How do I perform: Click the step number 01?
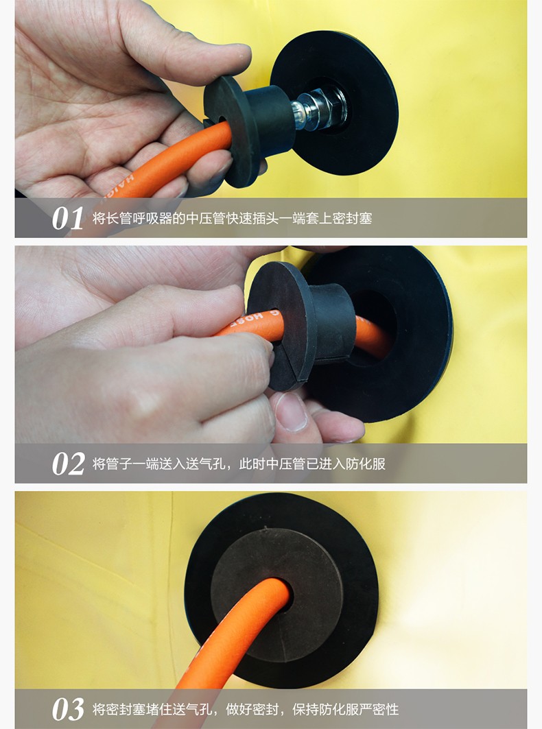(67, 219)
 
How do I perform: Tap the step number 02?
(68, 464)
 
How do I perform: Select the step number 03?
(68, 709)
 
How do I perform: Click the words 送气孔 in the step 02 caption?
(204, 464)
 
